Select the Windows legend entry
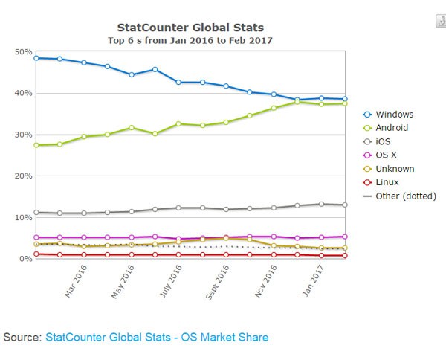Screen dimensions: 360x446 point(394,115)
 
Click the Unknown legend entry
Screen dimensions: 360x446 point(395,169)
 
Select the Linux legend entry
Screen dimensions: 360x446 point(387,182)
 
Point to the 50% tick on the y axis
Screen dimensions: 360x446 point(22,52)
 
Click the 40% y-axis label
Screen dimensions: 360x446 point(22,94)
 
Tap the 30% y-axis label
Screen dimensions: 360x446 point(22,135)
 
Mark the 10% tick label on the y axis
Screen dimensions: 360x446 point(22,217)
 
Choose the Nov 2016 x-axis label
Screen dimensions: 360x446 point(267,283)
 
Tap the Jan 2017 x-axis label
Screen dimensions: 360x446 point(315,282)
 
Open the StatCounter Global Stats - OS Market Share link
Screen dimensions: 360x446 point(157,337)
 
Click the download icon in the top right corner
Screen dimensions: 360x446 point(439,21)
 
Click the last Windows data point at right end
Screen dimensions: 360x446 point(344,99)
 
